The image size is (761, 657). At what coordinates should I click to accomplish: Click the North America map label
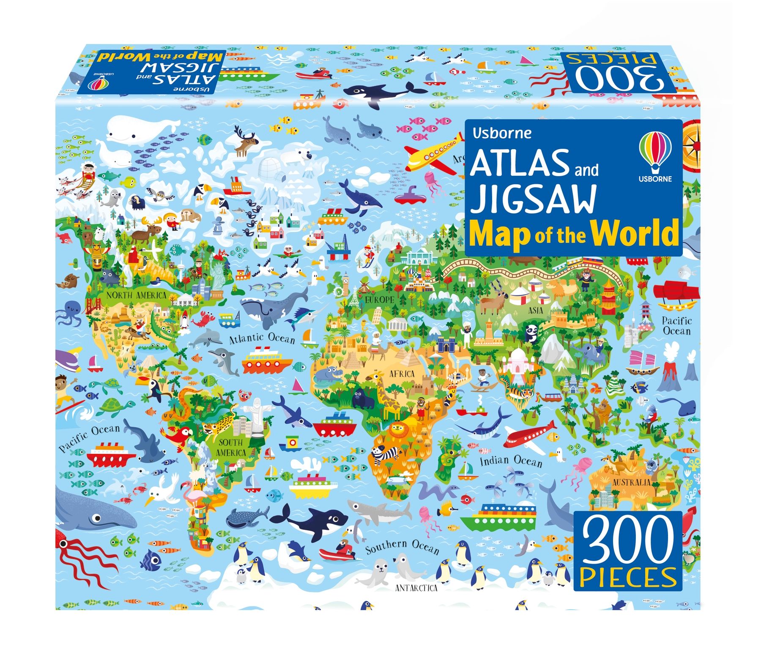pos(136,294)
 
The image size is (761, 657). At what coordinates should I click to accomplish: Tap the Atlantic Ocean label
pos(262,338)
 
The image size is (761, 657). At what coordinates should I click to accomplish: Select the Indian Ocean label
pos(511,461)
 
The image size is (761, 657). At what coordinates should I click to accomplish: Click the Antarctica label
pos(416,588)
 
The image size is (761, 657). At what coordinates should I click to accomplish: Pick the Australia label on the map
pos(631,482)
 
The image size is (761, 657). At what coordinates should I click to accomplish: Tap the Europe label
pos(379,300)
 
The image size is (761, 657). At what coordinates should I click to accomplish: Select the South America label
pos(231,447)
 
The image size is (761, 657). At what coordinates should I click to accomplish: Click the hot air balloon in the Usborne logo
pos(655,150)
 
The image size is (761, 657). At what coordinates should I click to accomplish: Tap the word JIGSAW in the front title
pos(533,199)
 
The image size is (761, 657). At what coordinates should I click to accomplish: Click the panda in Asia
pos(531,332)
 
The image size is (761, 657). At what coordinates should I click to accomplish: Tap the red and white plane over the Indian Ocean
pos(529,436)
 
